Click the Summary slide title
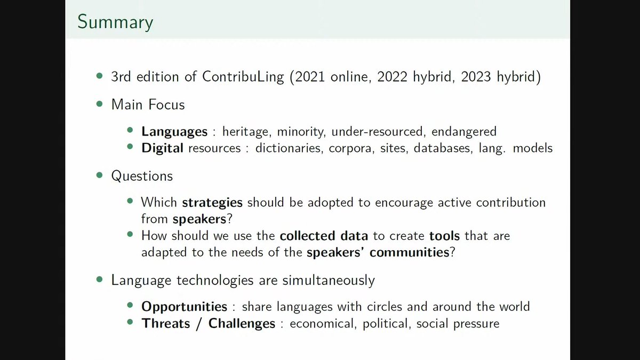pos(115,22)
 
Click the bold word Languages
pos(174,131)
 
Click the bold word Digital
pos(163,148)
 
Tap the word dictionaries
pos(287,148)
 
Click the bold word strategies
pos(212,203)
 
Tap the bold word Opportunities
pos(185,307)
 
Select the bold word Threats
pos(165,323)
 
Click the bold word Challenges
pos(242,323)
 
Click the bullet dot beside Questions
pos(99,175)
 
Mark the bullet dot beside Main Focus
pos(99,104)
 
